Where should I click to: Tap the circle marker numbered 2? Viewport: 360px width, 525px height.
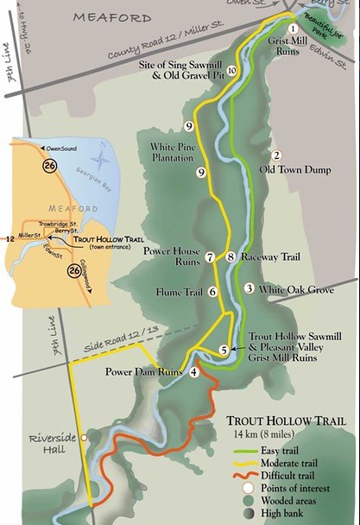(276, 155)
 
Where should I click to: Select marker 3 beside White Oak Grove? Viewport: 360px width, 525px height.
(249, 288)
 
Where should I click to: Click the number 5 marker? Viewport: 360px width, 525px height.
(224, 350)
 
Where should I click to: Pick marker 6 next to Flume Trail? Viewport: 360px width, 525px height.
(212, 292)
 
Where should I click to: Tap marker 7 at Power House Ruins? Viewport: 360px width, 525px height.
(210, 257)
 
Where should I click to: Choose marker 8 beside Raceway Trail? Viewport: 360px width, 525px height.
(231, 257)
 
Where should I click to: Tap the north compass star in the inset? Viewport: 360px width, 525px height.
(102, 160)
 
